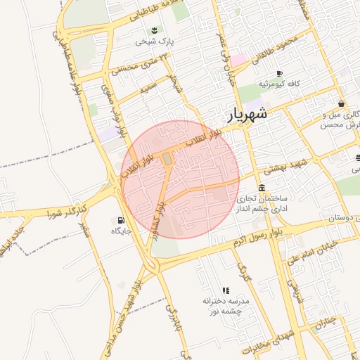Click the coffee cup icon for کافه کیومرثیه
coord(279,73)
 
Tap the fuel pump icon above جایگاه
coord(124,219)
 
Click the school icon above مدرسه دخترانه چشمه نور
coord(226,290)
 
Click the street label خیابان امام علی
coord(314,257)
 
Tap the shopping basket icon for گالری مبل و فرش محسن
coord(341,104)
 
